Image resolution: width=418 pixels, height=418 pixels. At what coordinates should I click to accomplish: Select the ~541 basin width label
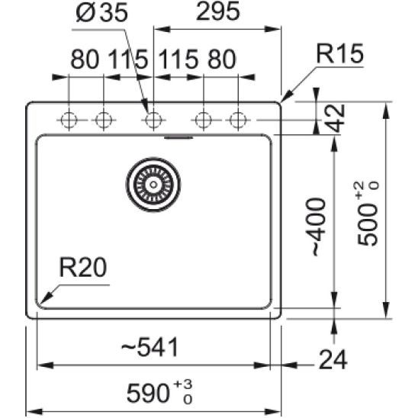point(151,348)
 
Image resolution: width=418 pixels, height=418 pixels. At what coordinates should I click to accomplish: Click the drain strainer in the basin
point(154,184)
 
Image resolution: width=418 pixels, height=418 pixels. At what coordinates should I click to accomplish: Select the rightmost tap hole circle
point(239,120)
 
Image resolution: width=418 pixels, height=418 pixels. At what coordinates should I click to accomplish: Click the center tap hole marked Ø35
point(153,120)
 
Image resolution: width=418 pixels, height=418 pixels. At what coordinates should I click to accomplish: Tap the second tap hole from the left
point(103,120)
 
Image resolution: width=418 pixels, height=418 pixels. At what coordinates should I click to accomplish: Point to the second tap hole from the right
point(204,120)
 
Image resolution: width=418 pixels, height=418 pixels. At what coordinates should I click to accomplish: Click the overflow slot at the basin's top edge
point(179,138)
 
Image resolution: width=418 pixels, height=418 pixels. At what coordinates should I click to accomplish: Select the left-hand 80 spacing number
point(85,59)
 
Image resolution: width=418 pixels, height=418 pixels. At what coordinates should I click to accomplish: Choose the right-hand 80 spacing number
point(220,59)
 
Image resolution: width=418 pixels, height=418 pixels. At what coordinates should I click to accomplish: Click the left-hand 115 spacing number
point(127,59)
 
